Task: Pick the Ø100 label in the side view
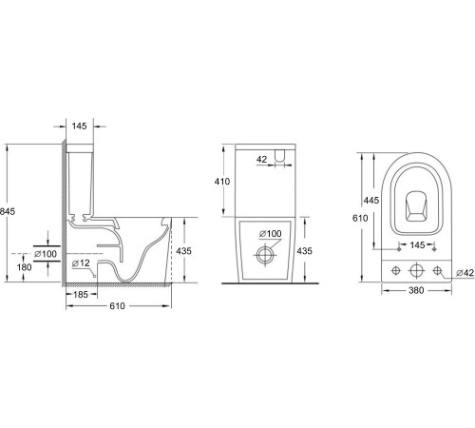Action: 45,253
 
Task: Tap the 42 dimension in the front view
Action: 261,161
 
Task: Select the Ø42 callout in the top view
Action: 465,273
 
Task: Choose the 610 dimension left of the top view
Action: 355,217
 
